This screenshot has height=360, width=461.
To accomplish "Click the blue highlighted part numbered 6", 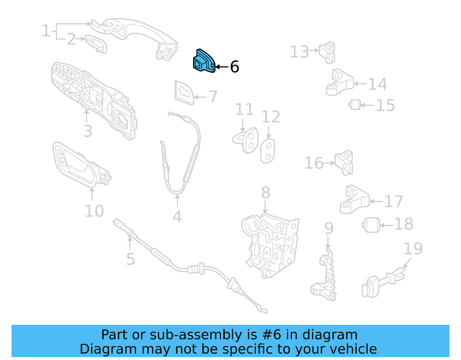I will (203, 61).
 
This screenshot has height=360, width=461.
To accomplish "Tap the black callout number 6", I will (235, 67).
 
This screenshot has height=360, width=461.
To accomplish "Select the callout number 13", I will (299, 52).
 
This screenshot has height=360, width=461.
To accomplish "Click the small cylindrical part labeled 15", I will (355, 105).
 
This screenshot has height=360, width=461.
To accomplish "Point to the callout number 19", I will (413, 248).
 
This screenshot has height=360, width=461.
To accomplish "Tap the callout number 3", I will (88, 131).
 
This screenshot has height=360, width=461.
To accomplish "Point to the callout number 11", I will (245, 110).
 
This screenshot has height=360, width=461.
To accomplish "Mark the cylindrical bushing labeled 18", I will (371, 225).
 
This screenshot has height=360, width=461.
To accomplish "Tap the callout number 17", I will (393, 201).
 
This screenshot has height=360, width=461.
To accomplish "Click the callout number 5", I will (131, 259).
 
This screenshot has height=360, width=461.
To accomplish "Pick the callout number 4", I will (177, 216).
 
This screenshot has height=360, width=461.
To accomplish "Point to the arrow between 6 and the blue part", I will (222, 67).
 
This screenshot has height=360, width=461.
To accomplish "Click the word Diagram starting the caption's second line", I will (108, 349).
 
